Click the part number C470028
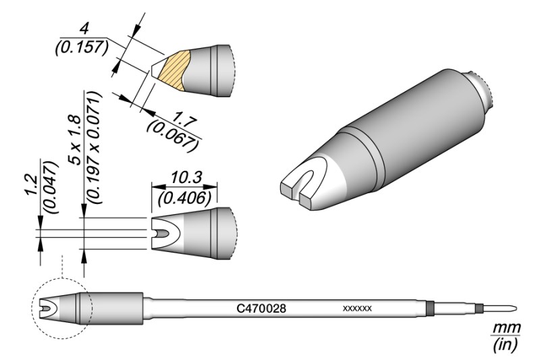[261, 308]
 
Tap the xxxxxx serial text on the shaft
[357, 309]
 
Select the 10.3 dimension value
[186, 178]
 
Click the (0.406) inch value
[184, 198]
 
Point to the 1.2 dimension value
[32, 186]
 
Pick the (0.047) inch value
[50, 186]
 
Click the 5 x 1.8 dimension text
[74, 140]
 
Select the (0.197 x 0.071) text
[94, 148]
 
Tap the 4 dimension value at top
[83, 28]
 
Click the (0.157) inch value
[82, 47]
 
